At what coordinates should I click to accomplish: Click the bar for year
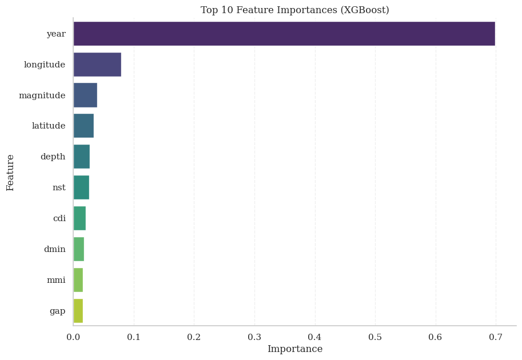[x=284, y=34]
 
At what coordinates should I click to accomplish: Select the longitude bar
[x=97, y=65]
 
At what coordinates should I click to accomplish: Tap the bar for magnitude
[x=85, y=95]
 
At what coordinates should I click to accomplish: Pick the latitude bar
[x=83, y=126]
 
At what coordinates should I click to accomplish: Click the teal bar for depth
[x=81, y=157]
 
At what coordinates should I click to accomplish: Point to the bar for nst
[x=81, y=187]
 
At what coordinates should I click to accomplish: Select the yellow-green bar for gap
[x=78, y=311]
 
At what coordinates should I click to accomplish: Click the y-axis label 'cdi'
[x=59, y=218]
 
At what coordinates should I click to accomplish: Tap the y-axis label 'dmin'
[x=55, y=249]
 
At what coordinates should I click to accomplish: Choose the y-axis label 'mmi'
[x=56, y=280]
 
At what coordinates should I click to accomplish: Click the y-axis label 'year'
[x=56, y=34]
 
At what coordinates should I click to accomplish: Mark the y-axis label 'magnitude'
[x=42, y=95]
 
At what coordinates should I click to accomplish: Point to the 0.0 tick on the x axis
[x=73, y=337]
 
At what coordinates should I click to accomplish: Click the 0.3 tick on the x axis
[x=254, y=337]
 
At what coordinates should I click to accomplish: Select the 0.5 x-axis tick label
[x=375, y=337]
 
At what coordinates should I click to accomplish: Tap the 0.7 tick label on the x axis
[x=496, y=337]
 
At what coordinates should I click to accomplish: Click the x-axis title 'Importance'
[x=295, y=349]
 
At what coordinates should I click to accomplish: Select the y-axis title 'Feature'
[x=10, y=172]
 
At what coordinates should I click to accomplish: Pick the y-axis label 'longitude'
[x=45, y=65]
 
